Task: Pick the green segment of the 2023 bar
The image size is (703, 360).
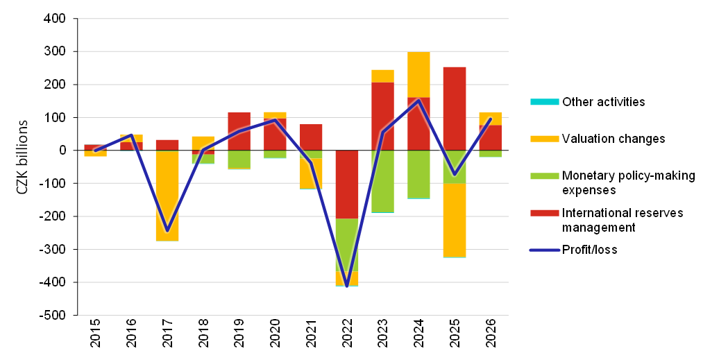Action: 382,180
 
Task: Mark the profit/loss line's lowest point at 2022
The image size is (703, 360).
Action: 347,286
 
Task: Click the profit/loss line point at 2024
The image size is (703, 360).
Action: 418,100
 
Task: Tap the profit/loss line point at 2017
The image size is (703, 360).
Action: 167,230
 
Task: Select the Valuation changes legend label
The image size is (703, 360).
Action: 613,139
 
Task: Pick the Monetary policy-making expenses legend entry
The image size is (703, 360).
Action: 628,182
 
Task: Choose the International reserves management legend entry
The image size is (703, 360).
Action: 622,220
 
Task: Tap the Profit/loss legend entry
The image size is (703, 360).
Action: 589,250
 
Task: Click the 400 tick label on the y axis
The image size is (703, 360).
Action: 55,19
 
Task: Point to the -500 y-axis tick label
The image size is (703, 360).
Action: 53,316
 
